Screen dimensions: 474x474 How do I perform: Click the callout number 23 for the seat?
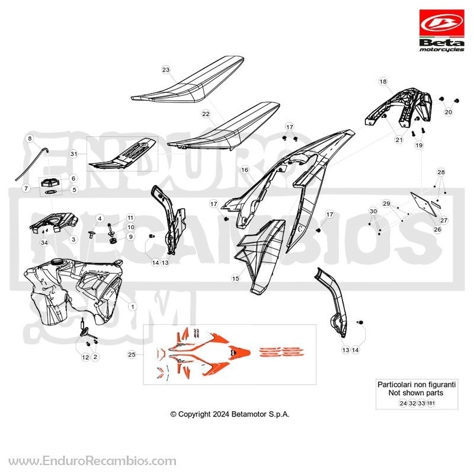coord(166,70)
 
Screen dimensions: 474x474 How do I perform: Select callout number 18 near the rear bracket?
coord(383,82)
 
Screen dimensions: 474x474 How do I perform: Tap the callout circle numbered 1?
coord(132,306)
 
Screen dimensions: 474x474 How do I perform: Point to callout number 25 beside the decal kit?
coord(132,354)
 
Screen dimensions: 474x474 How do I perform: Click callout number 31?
coord(73,154)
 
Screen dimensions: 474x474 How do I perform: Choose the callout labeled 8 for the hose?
coord(30,139)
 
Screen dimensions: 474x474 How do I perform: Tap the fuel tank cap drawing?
coord(50,183)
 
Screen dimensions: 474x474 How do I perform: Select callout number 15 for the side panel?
coord(235,278)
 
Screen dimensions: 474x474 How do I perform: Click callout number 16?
coord(245,170)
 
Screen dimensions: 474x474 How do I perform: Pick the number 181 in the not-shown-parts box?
coord(431,403)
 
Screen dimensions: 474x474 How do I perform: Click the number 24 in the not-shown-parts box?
coord(403,403)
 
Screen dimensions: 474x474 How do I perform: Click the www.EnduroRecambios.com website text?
coord(92,462)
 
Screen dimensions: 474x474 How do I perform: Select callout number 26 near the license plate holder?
coord(437,229)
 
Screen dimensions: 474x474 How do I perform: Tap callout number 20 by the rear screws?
coord(448,112)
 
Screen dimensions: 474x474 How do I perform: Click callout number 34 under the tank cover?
coord(44,243)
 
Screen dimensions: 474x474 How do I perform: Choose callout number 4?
coord(100,218)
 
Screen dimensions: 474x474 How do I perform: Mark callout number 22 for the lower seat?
coord(206,114)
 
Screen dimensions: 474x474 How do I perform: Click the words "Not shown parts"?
coord(416,393)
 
